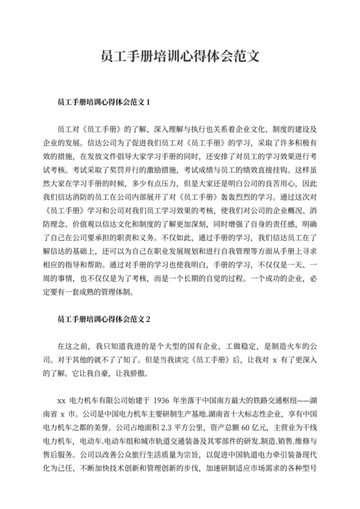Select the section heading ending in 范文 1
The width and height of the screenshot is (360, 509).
click(x=104, y=102)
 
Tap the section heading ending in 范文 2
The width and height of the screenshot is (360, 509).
click(x=104, y=318)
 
